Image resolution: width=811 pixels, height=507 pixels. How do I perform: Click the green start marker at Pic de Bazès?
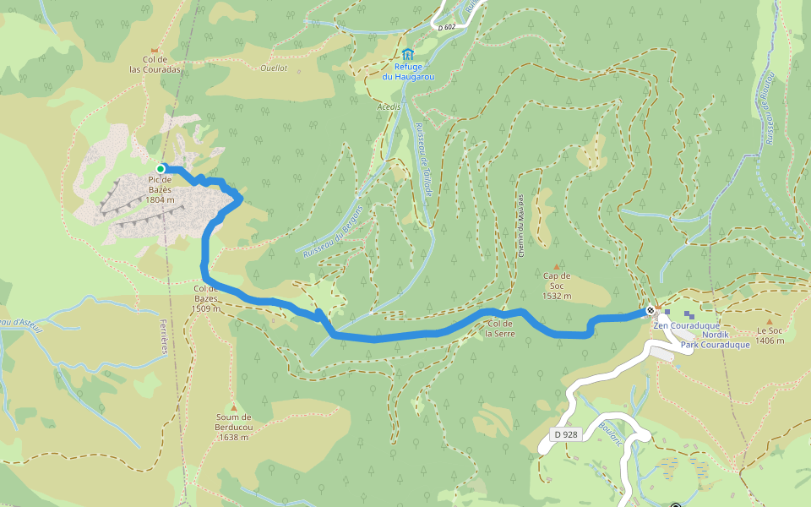coord(161,169)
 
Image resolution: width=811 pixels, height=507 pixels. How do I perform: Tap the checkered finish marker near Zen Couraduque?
coord(650,311)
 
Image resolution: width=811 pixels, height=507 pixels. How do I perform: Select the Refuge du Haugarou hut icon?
coord(409,54)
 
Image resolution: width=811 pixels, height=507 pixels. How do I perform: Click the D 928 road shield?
coord(567,434)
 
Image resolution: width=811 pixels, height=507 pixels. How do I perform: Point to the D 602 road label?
coord(447,28)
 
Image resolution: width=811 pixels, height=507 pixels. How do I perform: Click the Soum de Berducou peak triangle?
coord(234,407)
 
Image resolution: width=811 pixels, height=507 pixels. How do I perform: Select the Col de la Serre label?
coord(499,328)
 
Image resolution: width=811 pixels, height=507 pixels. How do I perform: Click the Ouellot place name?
coord(274,68)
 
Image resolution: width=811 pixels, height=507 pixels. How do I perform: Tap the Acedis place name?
coord(389,107)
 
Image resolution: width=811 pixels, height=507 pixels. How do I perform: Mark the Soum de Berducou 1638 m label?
coord(234,427)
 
